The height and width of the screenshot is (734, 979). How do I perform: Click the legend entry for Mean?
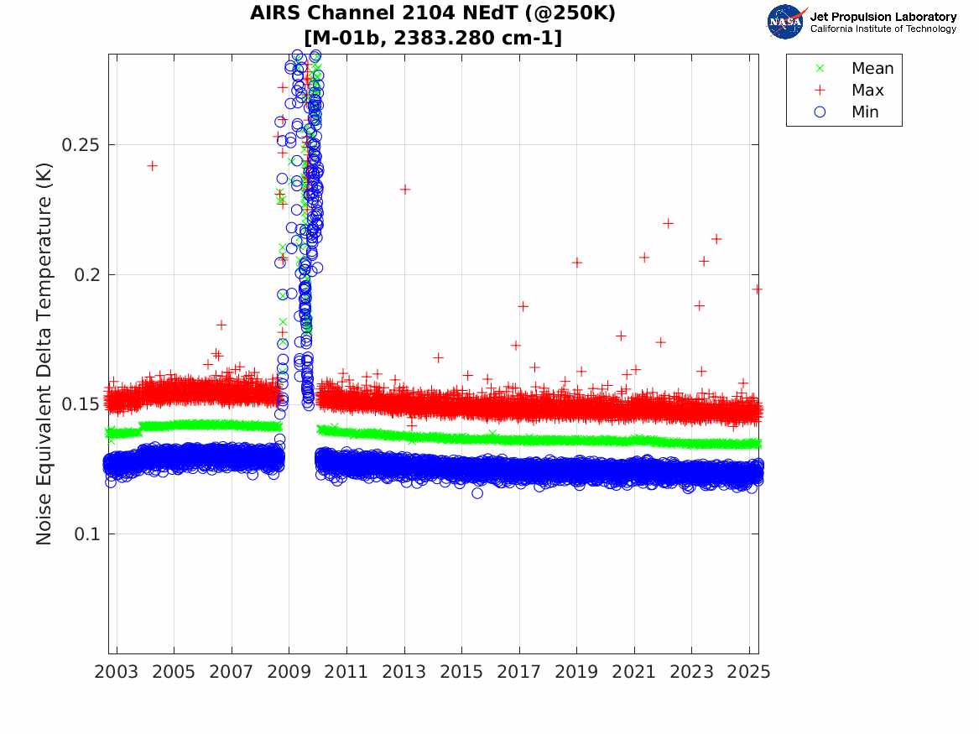[x=872, y=69]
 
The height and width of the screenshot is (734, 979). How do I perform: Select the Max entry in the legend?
[x=867, y=91]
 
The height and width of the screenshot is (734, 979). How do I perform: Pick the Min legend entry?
[x=865, y=112]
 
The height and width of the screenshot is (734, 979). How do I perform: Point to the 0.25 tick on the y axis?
[x=81, y=145]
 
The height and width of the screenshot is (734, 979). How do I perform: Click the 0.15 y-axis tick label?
[x=81, y=404]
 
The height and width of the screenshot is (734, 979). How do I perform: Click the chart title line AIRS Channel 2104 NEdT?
[x=433, y=14]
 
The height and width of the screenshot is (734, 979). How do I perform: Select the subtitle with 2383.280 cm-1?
[x=433, y=38]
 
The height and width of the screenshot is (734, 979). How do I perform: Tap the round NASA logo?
[x=785, y=22]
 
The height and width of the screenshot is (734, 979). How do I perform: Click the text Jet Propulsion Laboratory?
[x=883, y=17]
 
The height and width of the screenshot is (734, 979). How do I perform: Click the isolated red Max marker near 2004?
[x=152, y=166]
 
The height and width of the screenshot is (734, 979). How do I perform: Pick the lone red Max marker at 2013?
[x=404, y=190]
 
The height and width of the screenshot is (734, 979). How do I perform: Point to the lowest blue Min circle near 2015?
[x=477, y=493]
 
